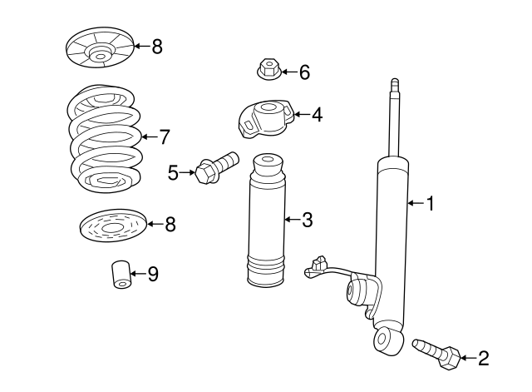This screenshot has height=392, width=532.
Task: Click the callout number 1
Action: coord(430,202)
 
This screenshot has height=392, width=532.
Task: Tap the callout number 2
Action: coord(483,359)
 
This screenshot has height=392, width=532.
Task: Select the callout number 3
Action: coord(307,220)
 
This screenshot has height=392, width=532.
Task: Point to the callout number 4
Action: coord(316,115)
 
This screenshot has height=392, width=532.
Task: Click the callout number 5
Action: coord(173,172)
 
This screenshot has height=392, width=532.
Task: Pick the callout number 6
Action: coord(303,72)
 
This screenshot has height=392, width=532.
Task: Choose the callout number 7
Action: coord(164,136)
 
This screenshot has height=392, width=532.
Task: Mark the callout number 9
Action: coord(152,273)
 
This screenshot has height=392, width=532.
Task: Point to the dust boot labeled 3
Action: coord(267,225)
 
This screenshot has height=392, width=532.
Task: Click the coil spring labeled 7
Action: coord(104,137)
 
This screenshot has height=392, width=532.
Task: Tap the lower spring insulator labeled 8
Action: coord(112,226)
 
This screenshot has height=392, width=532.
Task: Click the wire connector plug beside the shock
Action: coord(313,265)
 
